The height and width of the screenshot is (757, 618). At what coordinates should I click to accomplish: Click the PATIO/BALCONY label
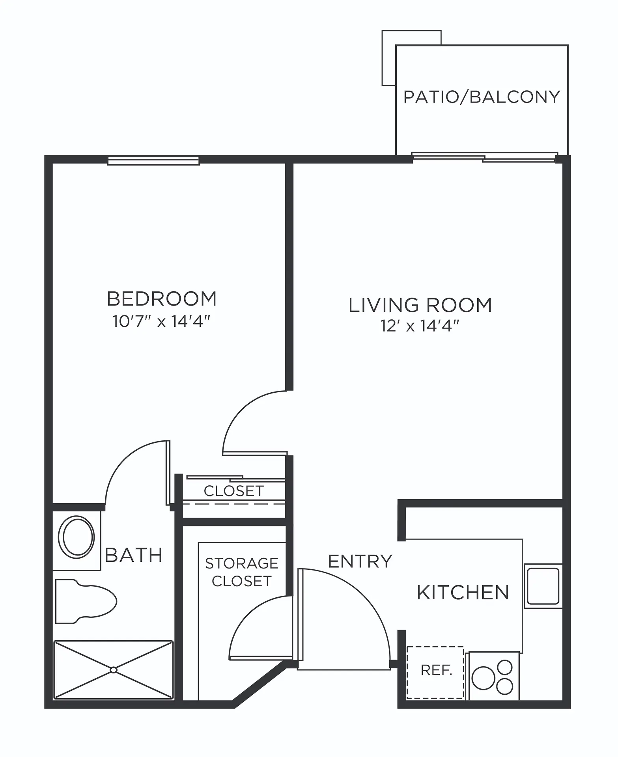481,97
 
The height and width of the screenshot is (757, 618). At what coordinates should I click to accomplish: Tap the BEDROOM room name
162,299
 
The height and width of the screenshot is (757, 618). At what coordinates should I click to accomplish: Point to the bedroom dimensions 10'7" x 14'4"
161,322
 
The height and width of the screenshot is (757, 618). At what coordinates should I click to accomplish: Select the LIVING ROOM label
420,305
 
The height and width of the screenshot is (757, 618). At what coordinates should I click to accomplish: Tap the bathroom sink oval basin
76,537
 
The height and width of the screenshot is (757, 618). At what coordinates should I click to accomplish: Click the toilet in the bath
86,602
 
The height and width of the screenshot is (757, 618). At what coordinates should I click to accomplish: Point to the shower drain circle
114,670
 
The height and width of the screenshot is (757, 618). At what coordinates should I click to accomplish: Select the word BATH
134,555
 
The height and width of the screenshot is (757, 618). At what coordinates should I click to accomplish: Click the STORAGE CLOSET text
241,572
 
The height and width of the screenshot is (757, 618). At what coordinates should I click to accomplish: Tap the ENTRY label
360,561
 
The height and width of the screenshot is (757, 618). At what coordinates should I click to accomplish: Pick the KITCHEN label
463,592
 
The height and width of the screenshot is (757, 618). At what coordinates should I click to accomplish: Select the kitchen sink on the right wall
543,586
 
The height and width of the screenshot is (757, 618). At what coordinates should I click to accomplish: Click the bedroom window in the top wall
153,160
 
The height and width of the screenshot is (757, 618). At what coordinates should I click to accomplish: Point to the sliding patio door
485,157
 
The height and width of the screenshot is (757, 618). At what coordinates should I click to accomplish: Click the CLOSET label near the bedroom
233,491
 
